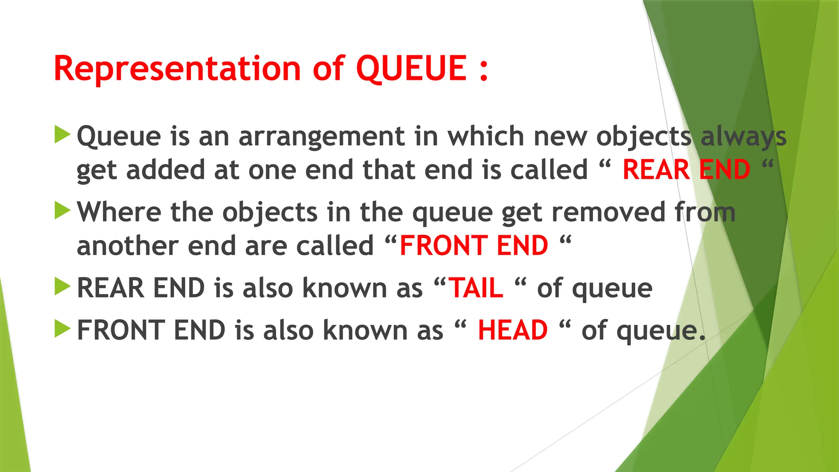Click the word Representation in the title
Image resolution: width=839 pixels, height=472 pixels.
click(177, 68)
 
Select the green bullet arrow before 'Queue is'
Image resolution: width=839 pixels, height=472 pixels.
click(62, 135)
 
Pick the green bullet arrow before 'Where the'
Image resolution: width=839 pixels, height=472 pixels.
click(62, 211)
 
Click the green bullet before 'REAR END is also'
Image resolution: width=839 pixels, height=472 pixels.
click(62, 286)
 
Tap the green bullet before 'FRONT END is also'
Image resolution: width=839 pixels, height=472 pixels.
click(62, 329)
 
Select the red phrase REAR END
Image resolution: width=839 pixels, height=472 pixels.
click(686, 170)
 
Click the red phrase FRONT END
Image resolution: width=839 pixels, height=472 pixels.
click(474, 246)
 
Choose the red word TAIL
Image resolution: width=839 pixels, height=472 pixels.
click(476, 288)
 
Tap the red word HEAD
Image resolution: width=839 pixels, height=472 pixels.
click(512, 330)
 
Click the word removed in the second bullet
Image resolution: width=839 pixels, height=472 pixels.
click(609, 212)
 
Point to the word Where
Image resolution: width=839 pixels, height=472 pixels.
click(119, 212)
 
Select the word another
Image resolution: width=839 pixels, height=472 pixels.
click(127, 246)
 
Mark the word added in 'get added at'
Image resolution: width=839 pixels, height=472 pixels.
click(165, 170)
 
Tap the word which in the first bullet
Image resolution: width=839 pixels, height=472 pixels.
click(485, 136)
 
